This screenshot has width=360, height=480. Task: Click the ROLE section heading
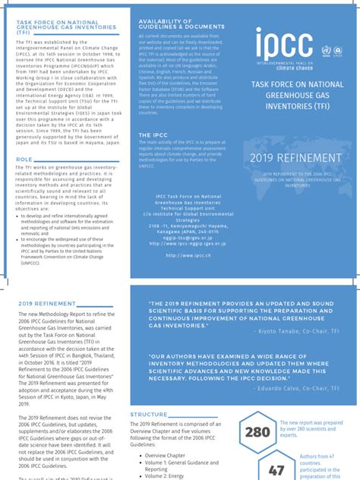(24, 159)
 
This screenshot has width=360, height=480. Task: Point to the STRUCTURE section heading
(149, 414)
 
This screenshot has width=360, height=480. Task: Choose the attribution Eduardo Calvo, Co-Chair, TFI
(308, 386)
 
